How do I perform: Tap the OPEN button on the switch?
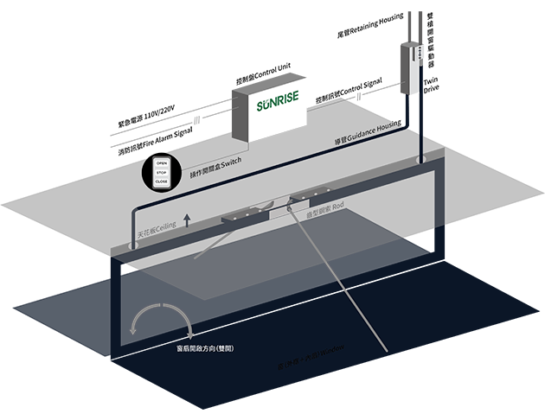click(x=161, y=162)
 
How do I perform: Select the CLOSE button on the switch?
click(x=161, y=182)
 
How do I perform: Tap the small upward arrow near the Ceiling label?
click(x=186, y=220)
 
